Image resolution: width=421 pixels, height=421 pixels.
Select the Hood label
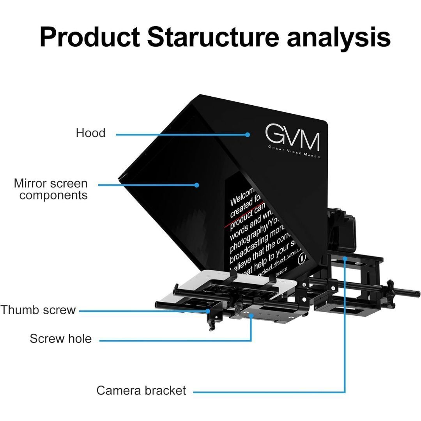(90, 133)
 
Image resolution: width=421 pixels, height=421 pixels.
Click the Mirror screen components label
(51, 189)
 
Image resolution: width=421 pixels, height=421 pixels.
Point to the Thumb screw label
(38, 310)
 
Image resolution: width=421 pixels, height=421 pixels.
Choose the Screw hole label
(60, 338)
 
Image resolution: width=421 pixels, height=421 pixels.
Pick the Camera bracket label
(141, 390)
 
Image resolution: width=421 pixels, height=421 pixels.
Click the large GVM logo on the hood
(292, 137)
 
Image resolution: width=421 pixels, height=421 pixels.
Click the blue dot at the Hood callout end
(248, 134)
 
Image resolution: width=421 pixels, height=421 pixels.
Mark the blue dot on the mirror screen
(197, 185)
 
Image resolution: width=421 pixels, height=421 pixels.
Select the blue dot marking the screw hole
(251, 317)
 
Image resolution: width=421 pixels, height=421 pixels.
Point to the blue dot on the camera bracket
(345, 258)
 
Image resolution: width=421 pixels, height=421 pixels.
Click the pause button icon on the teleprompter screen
(302, 258)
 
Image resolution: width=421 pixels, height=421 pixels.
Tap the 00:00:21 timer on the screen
(281, 274)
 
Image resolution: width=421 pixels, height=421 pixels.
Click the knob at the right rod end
(416, 293)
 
